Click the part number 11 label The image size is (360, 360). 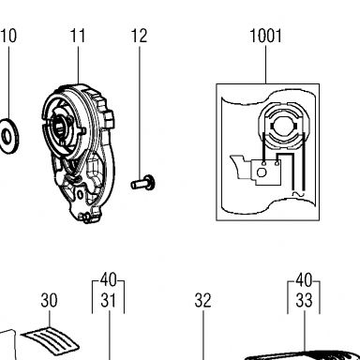click(x=78, y=36)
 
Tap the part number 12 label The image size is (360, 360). click(x=139, y=36)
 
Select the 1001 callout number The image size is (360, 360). click(x=266, y=36)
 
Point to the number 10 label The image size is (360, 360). click(x=8, y=36)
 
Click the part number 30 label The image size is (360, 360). click(x=49, y=300)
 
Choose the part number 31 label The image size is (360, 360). click(x=108, y=300)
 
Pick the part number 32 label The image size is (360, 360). click(x=202, y=300)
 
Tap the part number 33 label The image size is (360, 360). click(x=304, y=300)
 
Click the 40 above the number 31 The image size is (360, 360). click(x=108, y=279)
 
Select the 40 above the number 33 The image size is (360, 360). click(x=304, y=279)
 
